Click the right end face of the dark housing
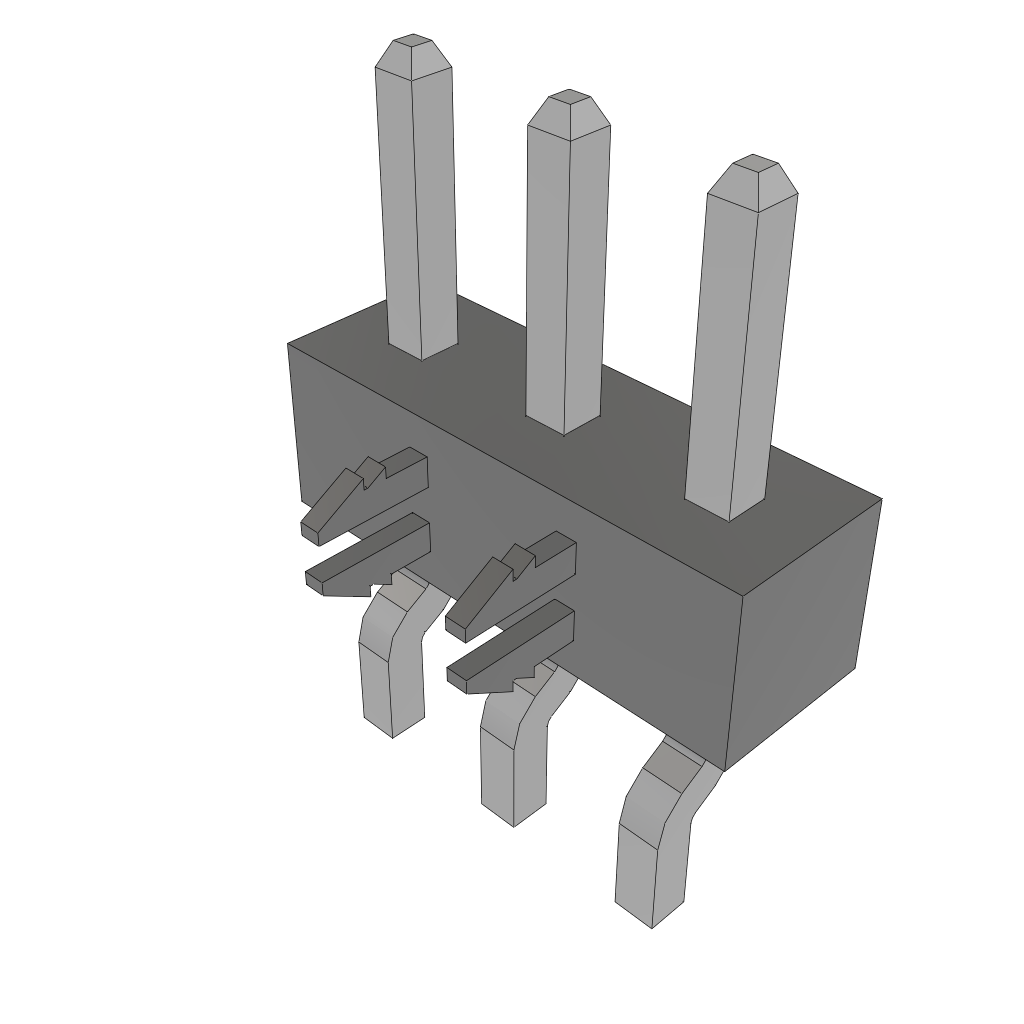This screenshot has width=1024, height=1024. (x=805, y=630)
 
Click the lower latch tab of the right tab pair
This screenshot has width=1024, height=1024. (x=512, y=650)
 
